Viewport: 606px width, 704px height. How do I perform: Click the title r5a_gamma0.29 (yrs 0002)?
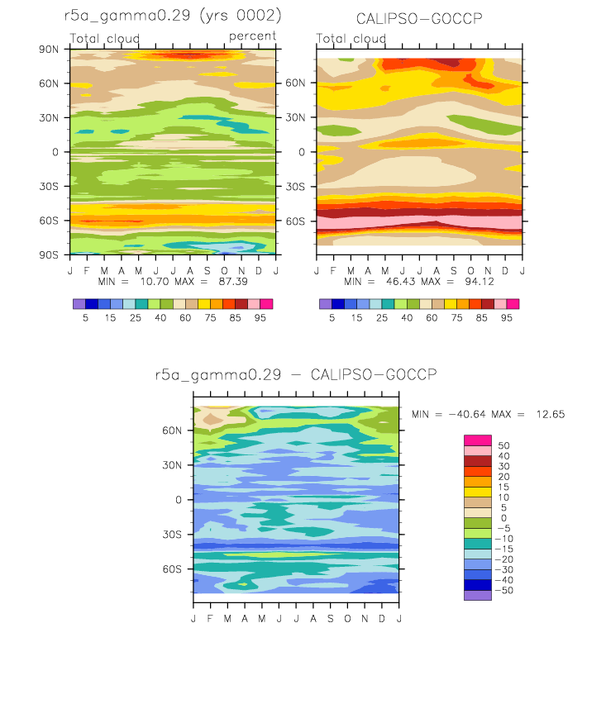pyautogui.click(x=173, y=16)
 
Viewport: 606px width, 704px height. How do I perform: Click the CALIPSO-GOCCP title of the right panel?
pyautogui.click(x=419, y=19)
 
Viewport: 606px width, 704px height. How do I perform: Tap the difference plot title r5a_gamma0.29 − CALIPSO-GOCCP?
pyautogui.click(x=296, y=374)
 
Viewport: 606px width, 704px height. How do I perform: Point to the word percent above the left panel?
pyautogui.click(x=252, y=36)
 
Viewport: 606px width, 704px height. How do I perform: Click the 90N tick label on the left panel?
pyautogui.click(x=49, y=50)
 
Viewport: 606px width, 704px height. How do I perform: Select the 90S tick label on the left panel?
pyautogui.click(x=49, y=255)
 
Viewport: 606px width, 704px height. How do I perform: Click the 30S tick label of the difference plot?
pyautogui.click(x=172, y=535)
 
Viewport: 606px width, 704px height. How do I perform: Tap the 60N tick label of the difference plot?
pyautogui.click(x=172, y=430)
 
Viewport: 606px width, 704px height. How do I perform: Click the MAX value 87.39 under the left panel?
pyautogui.click(x=233, y=282)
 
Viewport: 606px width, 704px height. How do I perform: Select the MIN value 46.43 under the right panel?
pyautogui.click(x=401, y=282)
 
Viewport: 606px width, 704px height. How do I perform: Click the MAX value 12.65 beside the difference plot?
pyautogui.click(x=551, y=415)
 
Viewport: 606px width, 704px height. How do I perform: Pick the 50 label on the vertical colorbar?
pyautogui.click(x=503, y=446)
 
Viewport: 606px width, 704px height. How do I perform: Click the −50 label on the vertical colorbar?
pyautogui.click(x=503, y=591)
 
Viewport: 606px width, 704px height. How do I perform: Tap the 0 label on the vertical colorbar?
pyautogui.click(x=503, y=518)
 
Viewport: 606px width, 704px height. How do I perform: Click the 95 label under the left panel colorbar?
pyautogui.click(x=260, y=318)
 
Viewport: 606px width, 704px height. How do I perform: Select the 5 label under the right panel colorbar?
pyautogui.click(x=332, y=318)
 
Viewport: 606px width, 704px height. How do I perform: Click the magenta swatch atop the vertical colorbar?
pyautogui.click(x=478, y=440)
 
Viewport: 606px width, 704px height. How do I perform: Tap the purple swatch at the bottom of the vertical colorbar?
pyautogui.click(x=478, y=596)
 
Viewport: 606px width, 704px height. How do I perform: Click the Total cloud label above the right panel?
pyautogui.click(x=351, y=39)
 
